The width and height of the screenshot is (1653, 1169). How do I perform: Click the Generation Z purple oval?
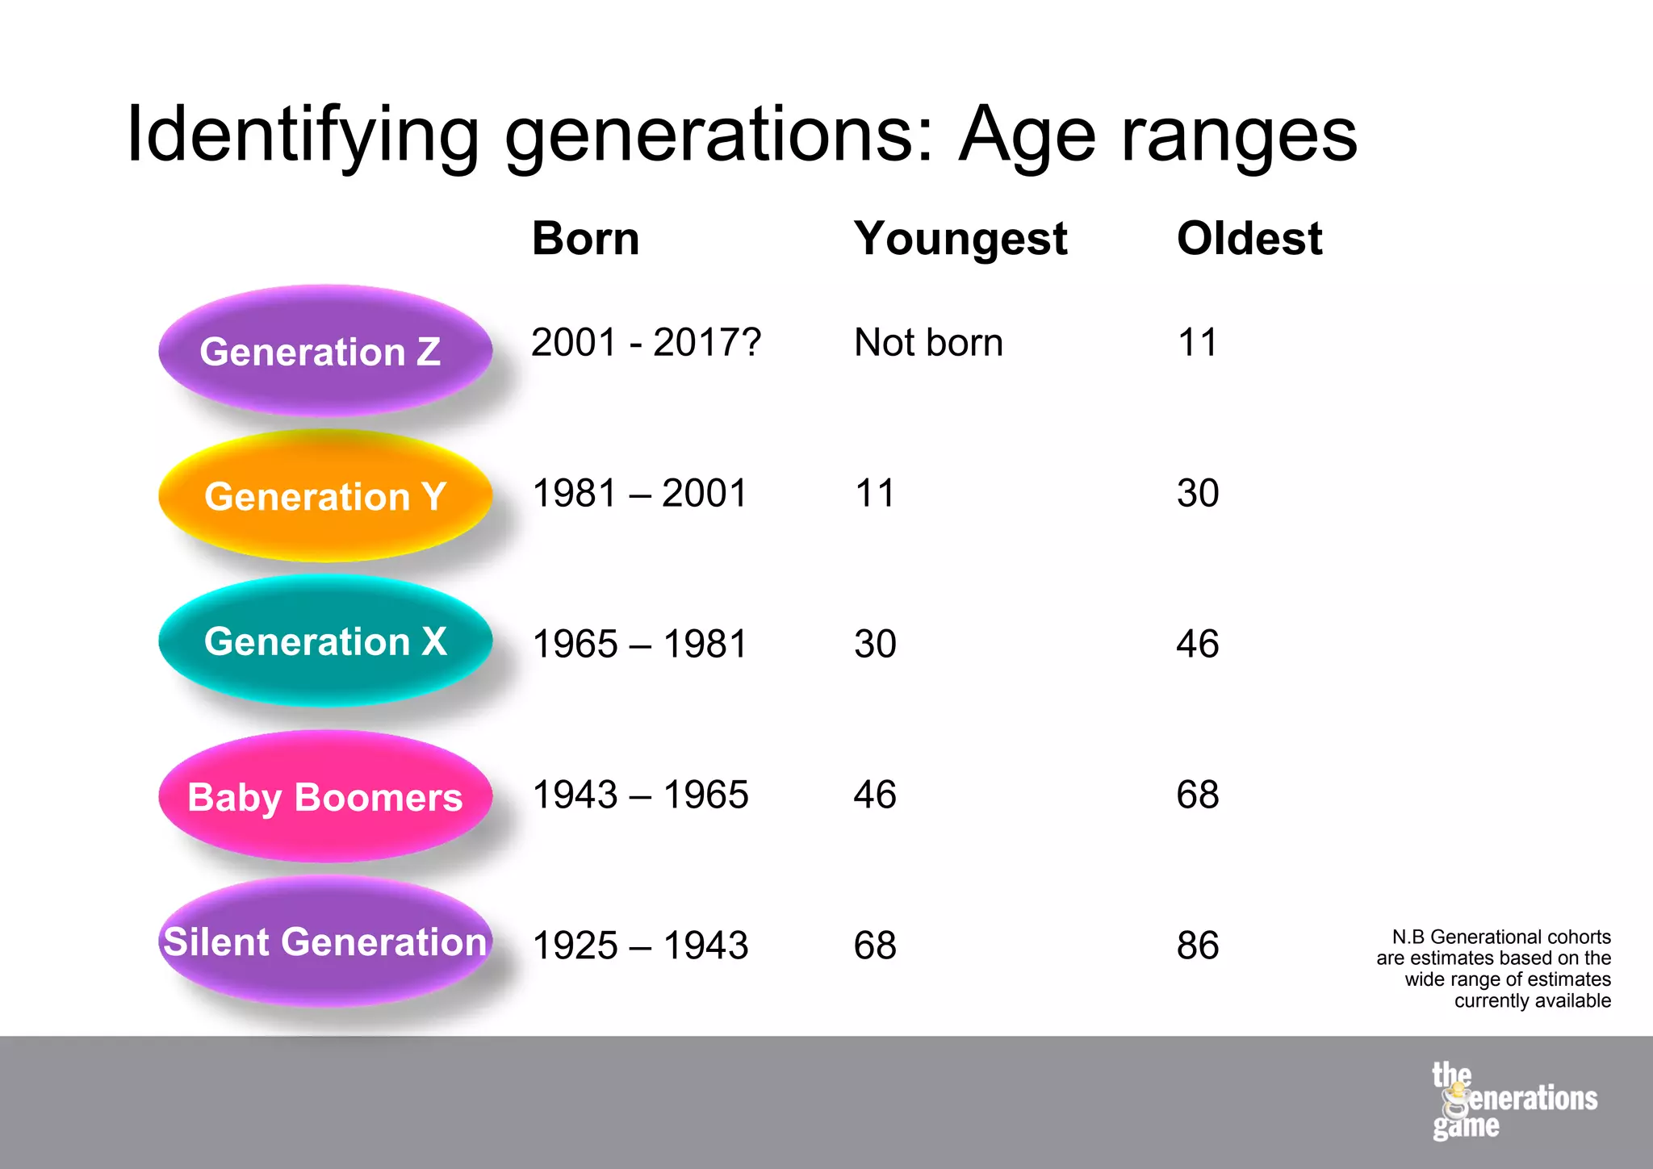[325, 351]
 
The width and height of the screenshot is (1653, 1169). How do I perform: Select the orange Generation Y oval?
[325, 495]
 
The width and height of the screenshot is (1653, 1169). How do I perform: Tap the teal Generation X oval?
[325, 641]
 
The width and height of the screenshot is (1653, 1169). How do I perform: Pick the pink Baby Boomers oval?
[325, 796]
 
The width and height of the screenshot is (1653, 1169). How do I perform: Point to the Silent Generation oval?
[325, 941]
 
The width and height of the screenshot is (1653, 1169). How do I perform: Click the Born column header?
[585, 239]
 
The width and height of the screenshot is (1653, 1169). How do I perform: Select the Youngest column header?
[960, 240]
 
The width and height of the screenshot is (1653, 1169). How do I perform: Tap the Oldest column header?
[1249, 239]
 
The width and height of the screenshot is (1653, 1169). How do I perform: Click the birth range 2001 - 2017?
[646, 342]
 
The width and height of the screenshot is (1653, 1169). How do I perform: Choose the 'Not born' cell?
[928, 342]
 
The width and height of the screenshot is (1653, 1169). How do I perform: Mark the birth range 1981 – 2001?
[640, 493]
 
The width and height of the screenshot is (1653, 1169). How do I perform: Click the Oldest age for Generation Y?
[1198, 493]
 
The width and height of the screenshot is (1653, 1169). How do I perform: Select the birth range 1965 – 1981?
[640, 644]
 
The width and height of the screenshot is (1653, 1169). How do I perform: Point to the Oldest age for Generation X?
[1198, 644]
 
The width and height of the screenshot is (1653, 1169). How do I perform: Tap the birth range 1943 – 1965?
[640, 795]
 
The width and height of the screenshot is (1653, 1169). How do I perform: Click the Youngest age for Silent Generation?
[875, 946]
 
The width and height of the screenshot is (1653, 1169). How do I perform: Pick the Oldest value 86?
[1198, 946]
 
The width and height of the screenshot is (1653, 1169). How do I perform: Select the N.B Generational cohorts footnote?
[1493, 968]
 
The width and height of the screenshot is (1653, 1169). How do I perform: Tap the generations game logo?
[1513, 1101]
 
